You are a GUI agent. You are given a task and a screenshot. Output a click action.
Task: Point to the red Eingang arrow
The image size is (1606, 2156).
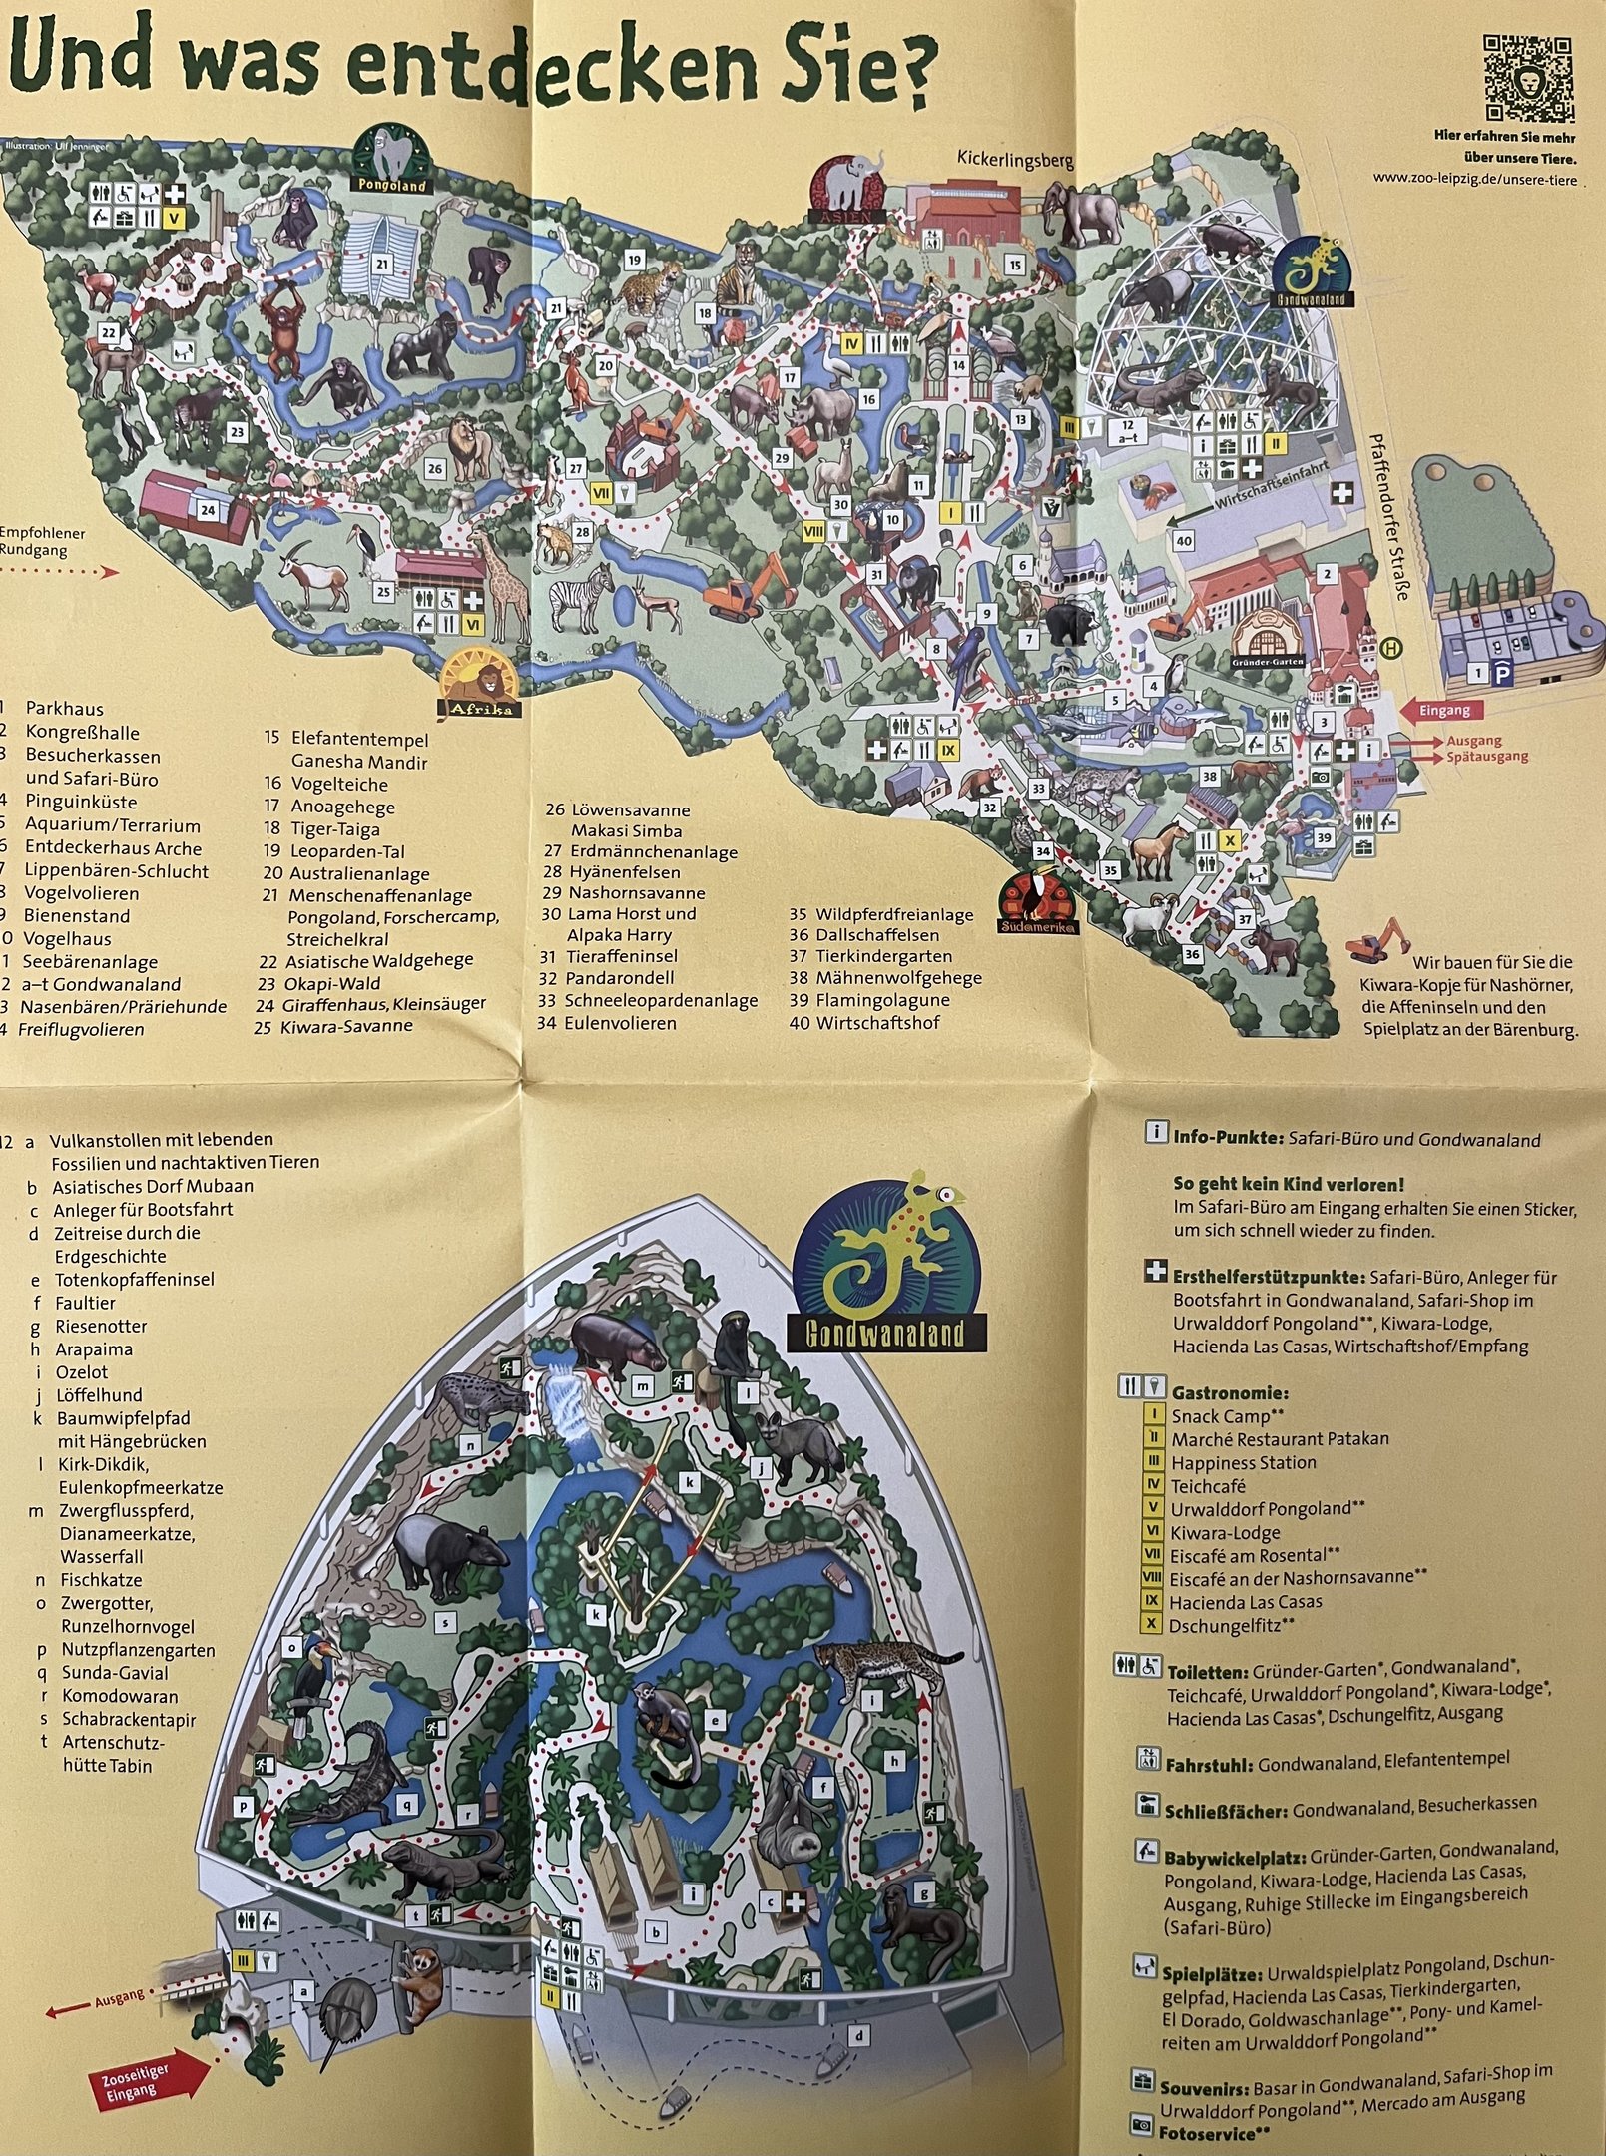1441,710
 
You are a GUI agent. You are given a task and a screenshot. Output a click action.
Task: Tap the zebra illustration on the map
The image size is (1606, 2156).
583,599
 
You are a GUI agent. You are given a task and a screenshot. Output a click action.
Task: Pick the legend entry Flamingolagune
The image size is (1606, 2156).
882,1000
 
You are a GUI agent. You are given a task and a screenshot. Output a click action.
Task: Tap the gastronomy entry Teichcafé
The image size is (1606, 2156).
1209,1485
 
